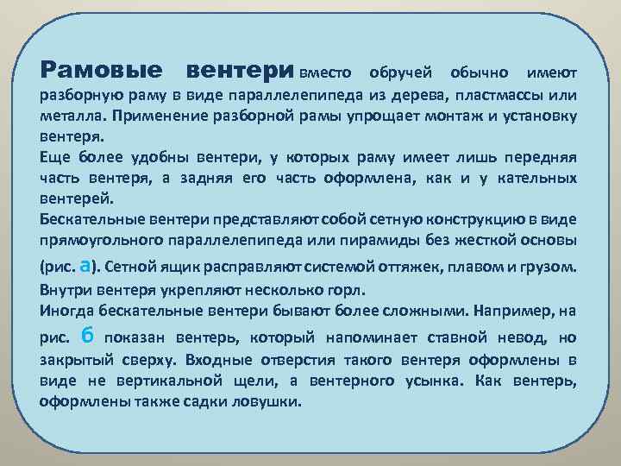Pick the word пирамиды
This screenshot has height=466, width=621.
(x=379, y=241)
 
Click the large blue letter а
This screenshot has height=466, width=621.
(x=85, y=265)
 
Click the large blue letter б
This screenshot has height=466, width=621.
(x=86, y=335)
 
